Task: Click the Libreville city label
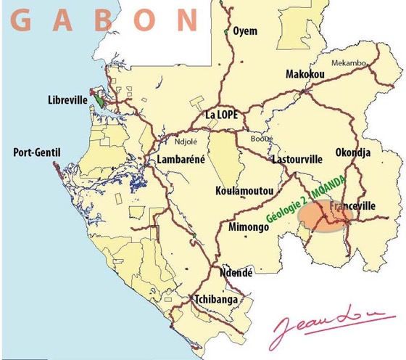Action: [67, 100]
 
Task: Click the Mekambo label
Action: [349, 63]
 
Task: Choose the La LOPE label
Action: [221, 114]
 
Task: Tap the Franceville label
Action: [352, 207]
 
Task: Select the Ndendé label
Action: [236, 273]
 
